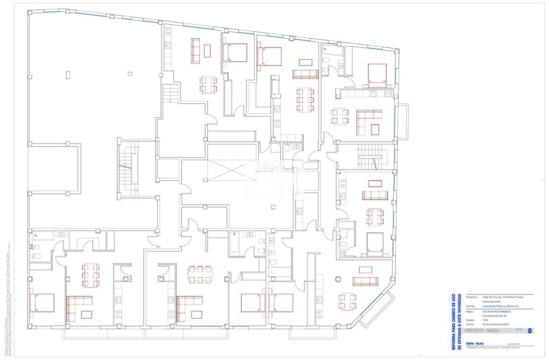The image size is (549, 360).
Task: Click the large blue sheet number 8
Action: point(530,331)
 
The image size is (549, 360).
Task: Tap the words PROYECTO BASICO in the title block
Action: point(483,331)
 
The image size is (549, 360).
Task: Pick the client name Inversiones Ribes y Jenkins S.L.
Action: point(501,307)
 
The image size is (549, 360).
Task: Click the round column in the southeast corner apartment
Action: point(338,279)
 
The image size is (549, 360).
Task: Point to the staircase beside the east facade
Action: point(370,157)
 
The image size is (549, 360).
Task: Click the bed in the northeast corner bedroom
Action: point(377,75)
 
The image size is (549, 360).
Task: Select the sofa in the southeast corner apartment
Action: point(365,281)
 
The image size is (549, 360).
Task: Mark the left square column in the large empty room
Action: point(68,74)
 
